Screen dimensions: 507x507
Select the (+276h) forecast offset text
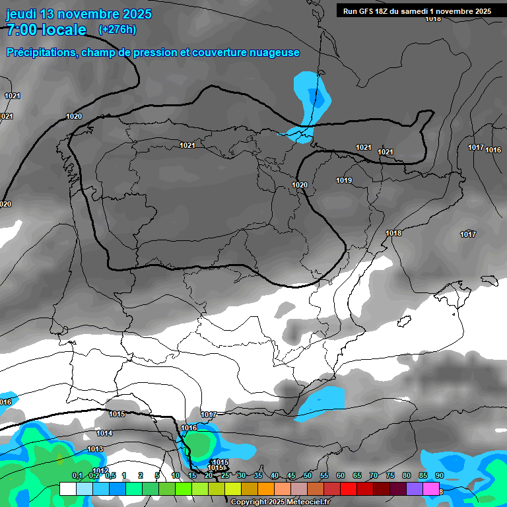[x=117, y=30]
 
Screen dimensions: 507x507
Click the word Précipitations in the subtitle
[x=41, y=53]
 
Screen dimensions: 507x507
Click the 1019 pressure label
[x=344, y=181]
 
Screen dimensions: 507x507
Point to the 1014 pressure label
[x=104, y=434]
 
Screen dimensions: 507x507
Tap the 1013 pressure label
[x=96, y=450]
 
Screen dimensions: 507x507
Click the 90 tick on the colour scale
[x=439, y=476]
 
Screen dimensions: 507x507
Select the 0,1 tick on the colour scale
[x=77, y=476]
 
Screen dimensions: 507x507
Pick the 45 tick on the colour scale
[x=291, y=476]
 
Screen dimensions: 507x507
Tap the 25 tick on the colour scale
[x=225, y=476]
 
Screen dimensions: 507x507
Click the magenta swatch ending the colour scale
[x=431, y=489]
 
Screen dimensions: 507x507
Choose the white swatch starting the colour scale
[x=67, y=489]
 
